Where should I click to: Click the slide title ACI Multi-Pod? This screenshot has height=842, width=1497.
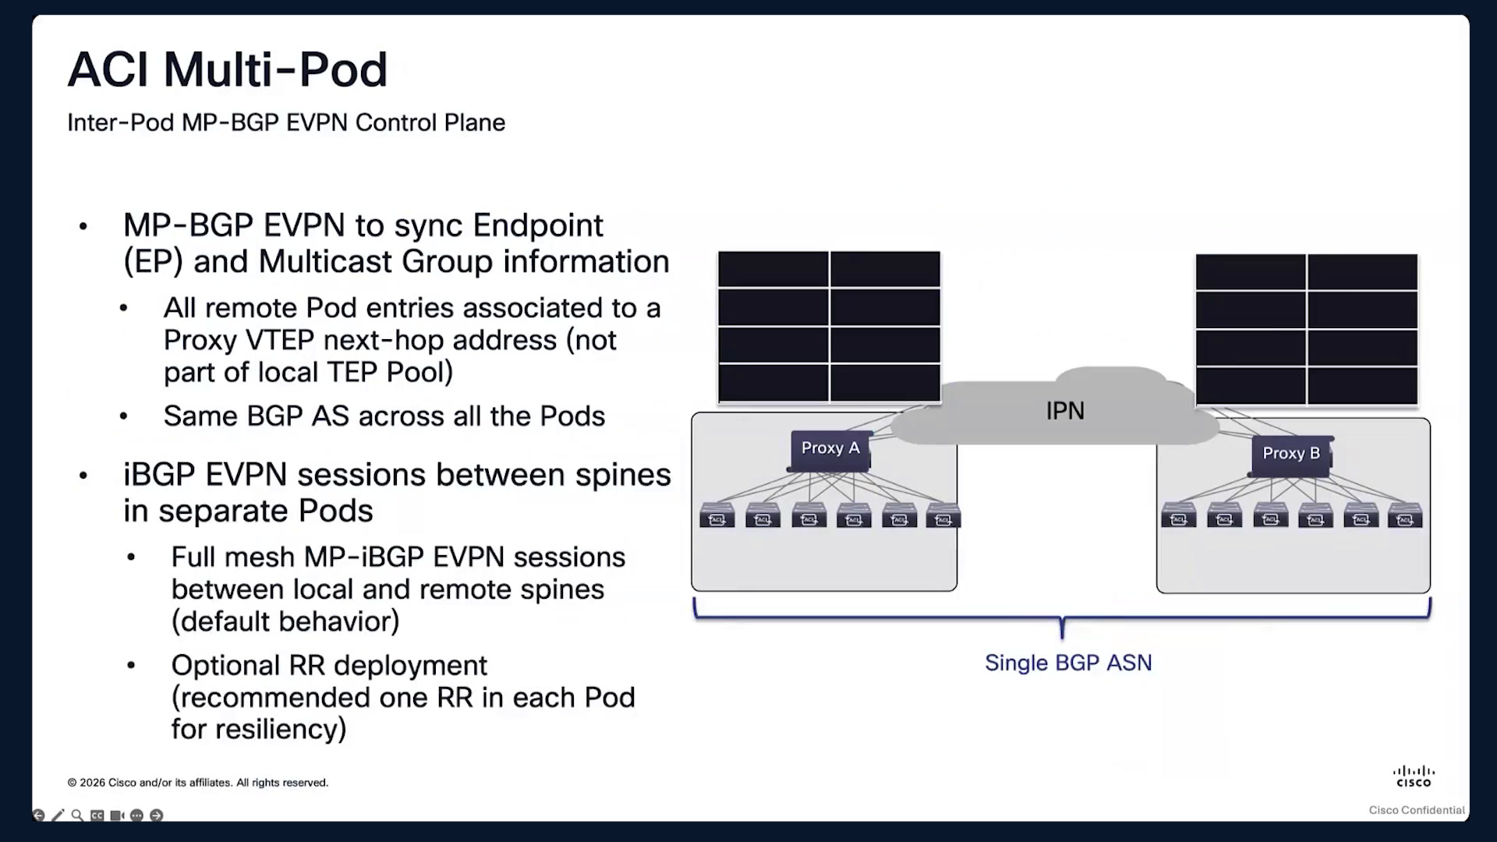click(x=227, y=69)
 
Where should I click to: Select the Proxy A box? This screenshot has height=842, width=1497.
click(x=830, y=451)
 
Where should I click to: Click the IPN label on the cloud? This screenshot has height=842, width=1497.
click(x=1065, y=411)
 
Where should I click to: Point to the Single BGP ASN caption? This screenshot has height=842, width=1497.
click(x=1068, y=663)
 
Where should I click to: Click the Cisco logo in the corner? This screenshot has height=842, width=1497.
click(x=1414, y=777)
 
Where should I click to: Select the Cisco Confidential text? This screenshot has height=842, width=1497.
click(x=1417, y=810)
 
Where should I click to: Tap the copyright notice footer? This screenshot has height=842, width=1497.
click(x=198, y=783)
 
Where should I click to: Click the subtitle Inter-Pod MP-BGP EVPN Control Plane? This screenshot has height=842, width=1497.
click(x=286, y=123)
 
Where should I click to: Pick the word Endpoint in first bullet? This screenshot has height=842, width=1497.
click(x=538, y=226)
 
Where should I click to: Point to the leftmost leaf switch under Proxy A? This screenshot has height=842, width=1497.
click(x=717, y=516)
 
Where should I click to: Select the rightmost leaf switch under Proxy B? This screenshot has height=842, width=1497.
click(x=1405, y=516)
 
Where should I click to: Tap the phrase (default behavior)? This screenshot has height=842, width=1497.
click(x=285, y=622)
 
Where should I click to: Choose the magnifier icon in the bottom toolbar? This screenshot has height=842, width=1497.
click(x=77, y=815)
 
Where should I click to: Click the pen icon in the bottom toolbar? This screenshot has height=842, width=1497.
click(x=58, y=815)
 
